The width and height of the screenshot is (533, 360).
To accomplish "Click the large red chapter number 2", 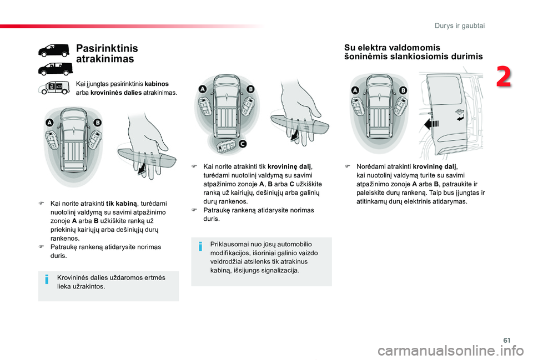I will [504, 77].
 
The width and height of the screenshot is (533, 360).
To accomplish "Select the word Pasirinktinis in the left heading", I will [107, 49].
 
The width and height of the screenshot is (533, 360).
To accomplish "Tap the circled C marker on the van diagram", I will [242, 144].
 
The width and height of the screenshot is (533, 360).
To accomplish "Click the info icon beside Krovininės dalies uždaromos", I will [48, 280].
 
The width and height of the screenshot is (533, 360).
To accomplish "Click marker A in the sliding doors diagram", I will [355, 89].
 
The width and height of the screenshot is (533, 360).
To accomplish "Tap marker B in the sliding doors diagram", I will [403, 90].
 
